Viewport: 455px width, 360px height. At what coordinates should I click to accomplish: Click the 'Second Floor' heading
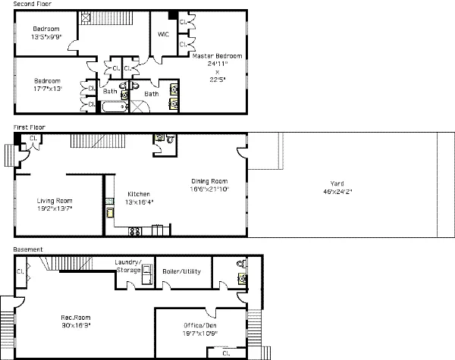point(32,5)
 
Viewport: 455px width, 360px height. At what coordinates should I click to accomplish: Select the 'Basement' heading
point(27,249)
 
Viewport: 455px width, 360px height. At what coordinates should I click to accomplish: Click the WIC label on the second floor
point(163,34)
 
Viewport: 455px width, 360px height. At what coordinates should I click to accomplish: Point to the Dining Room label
point(209,185)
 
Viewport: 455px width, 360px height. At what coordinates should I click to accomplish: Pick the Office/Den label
point(199,329)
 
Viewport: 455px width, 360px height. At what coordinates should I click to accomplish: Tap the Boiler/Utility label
point(182,271)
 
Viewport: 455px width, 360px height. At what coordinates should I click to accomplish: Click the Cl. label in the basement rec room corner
point(22,268)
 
